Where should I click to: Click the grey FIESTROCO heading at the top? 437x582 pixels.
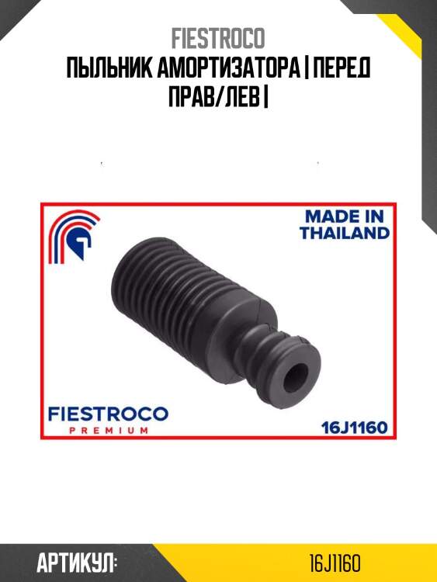(x=218, y=39)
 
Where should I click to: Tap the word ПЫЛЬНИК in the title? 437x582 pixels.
(x=109, y=68)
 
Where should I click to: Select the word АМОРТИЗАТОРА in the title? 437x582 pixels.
(x=228, y=68)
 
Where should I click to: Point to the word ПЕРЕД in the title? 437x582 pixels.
(x=342, y=68)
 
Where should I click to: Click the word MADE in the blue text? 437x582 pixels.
(x=330, y=216)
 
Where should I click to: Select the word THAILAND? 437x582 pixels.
(x=345, y=233)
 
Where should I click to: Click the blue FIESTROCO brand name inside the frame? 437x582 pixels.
(x=108, y=414)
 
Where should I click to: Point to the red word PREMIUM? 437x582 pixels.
(x=109, y=431)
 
